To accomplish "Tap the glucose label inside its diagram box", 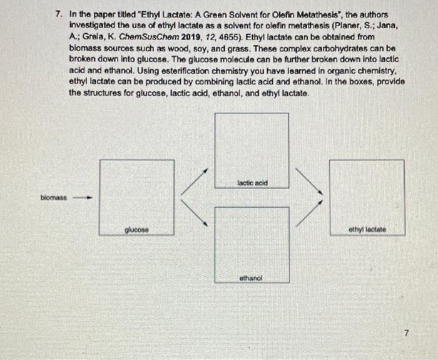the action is (136, 230).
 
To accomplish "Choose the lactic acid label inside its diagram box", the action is (252, 182).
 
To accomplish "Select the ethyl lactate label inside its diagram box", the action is (367, 230).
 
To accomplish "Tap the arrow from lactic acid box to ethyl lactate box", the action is (308, 182).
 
